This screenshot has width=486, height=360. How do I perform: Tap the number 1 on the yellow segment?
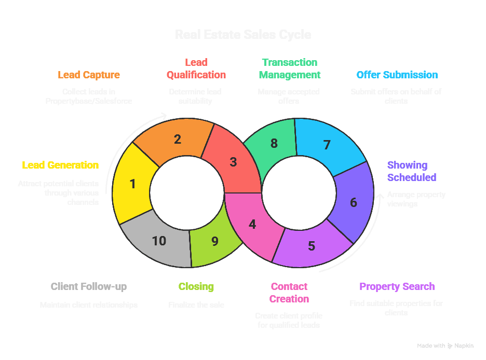click(x=132, y=184)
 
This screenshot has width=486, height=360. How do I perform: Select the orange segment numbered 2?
click(x=177, y=139)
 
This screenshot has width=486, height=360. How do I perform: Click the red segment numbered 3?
click(x=233, y=162)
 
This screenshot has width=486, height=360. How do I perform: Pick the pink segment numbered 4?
click(x=252, y=225)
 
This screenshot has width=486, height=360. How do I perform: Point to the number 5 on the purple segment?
click(x=312, y=246)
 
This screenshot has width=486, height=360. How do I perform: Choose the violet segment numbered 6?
click(x=354, y=202)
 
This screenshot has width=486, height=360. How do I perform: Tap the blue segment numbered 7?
click(x=327, y=145)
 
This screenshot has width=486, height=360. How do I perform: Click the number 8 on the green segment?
click(x=274, y=143)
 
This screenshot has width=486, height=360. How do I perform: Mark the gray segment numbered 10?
click(x=159, y=241)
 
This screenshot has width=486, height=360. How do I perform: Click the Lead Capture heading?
click(x=89, y=75)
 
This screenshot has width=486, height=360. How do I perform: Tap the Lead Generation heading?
click(x=60, y=165)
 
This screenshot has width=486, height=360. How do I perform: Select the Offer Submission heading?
click(x=397, y=75)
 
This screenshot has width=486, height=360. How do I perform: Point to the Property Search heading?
click(x=397, y=286)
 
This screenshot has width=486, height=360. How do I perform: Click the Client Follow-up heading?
click(x=89, y=286)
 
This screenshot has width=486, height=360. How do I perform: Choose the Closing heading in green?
click(x=196, y=286)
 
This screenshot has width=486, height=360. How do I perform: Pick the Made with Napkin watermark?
click(x=445, y=345)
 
